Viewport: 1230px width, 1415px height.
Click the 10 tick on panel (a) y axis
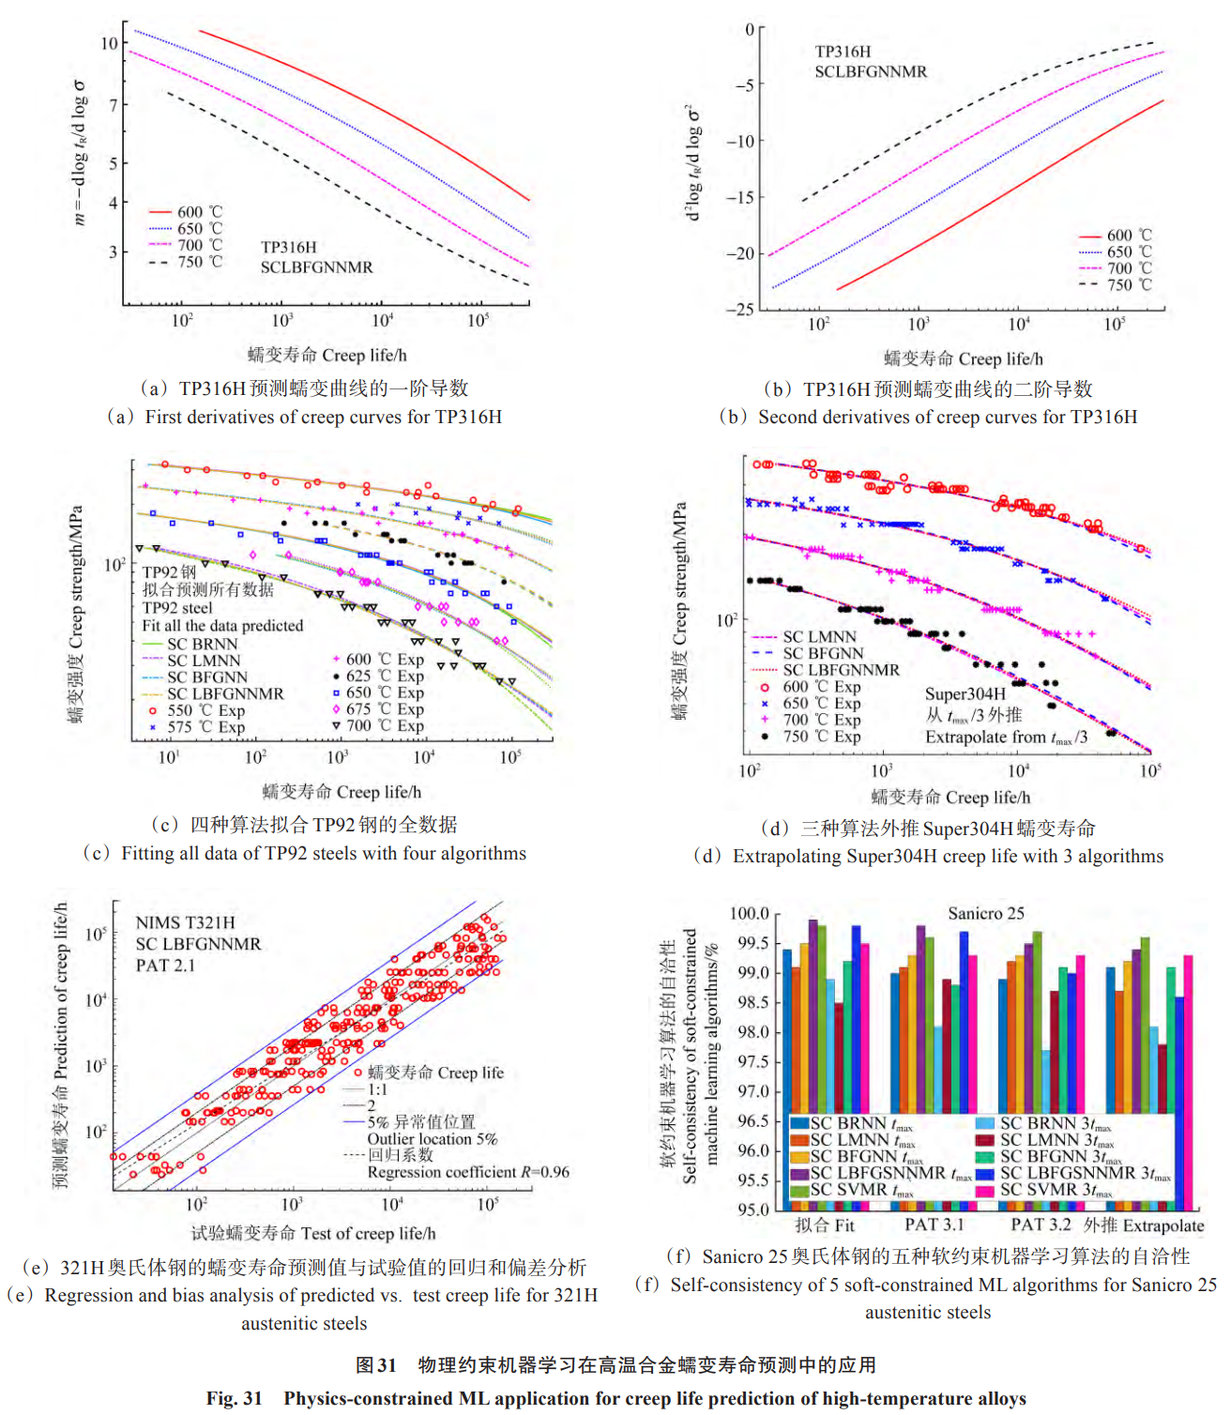[109, 43]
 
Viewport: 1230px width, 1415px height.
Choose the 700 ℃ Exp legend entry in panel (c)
[385, 725]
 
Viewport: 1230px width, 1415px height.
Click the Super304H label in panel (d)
[964, 694]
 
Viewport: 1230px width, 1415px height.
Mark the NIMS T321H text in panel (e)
[185, 923]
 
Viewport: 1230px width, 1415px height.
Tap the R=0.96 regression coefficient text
[467, 1172]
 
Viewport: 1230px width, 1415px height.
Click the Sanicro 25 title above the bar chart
[985, 913]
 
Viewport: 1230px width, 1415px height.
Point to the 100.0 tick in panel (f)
[749, 914]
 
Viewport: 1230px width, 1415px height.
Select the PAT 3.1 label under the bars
[934, 1225]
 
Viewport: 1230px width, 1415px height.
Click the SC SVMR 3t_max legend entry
[1055, 1190]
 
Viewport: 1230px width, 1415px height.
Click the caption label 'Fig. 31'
[234, 1398]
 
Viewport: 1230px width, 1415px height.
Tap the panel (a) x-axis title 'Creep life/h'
[364, 355]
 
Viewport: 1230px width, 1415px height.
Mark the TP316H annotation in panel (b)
[843, 52]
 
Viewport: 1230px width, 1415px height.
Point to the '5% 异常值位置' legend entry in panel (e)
[420, 1121]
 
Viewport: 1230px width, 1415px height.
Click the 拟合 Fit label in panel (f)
[825, 1225]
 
